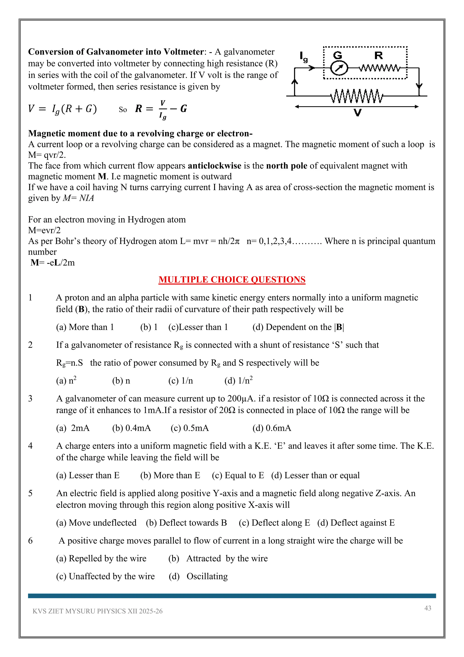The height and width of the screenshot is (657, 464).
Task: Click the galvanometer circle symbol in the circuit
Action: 339,68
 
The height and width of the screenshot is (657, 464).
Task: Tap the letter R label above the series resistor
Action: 378,56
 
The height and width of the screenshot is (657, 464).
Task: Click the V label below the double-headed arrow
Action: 358,113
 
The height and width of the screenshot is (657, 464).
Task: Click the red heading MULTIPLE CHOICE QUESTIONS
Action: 232,279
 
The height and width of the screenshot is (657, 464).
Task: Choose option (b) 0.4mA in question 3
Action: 131,428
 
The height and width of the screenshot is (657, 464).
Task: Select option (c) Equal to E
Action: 238,475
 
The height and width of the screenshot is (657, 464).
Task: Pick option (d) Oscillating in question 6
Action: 198,576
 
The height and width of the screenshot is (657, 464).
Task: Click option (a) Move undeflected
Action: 96,523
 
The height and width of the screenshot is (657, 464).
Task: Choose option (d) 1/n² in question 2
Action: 238,381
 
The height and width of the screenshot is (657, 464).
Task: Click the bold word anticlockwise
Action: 214,166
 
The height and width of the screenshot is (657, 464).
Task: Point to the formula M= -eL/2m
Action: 53,263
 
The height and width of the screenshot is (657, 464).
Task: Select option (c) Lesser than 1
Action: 198,327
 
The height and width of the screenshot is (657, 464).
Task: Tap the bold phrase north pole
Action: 287,166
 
